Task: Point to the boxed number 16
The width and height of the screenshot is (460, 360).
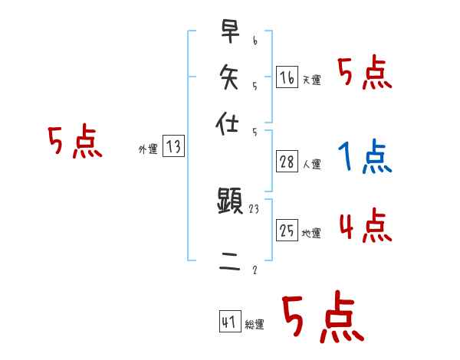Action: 287,77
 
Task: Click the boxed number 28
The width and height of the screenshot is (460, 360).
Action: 287,161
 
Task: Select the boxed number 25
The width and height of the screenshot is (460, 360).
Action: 287,230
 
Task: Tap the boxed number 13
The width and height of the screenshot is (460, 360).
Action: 173,147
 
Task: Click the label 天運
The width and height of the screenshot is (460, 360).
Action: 312,80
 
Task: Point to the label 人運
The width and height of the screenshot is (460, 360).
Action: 312,164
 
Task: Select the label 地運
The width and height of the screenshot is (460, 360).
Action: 312,233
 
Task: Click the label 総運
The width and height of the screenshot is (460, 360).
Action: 255,324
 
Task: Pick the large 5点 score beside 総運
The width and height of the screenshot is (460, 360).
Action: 322,318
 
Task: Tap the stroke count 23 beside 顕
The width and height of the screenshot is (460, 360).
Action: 255,208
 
